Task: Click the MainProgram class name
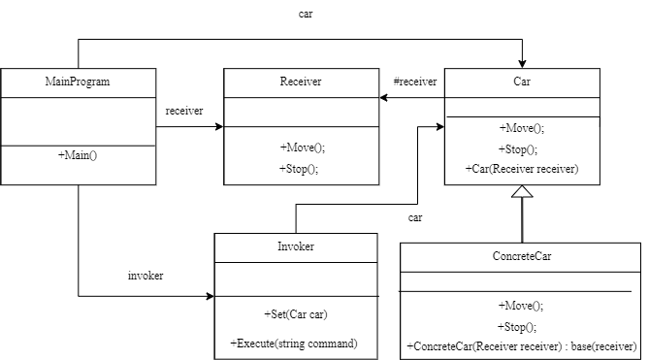point(78,82)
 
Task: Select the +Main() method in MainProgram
point(78,156)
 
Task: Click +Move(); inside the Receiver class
point(302,147)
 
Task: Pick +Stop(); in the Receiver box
point(299,168)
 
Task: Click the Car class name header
point(522,82)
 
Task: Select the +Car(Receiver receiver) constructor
point(522,170)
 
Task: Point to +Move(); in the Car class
point(522,127)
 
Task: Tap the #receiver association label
point(414,82)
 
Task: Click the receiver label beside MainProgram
point(184,111)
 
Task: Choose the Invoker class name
point(296,246)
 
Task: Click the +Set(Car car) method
point(296,315)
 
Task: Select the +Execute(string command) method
point(294,344)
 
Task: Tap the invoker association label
point(146,276)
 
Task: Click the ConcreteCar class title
point(522,257)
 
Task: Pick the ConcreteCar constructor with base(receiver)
point(522,346)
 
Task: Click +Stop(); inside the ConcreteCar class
point(522,326)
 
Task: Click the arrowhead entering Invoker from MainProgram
point(209,296)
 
